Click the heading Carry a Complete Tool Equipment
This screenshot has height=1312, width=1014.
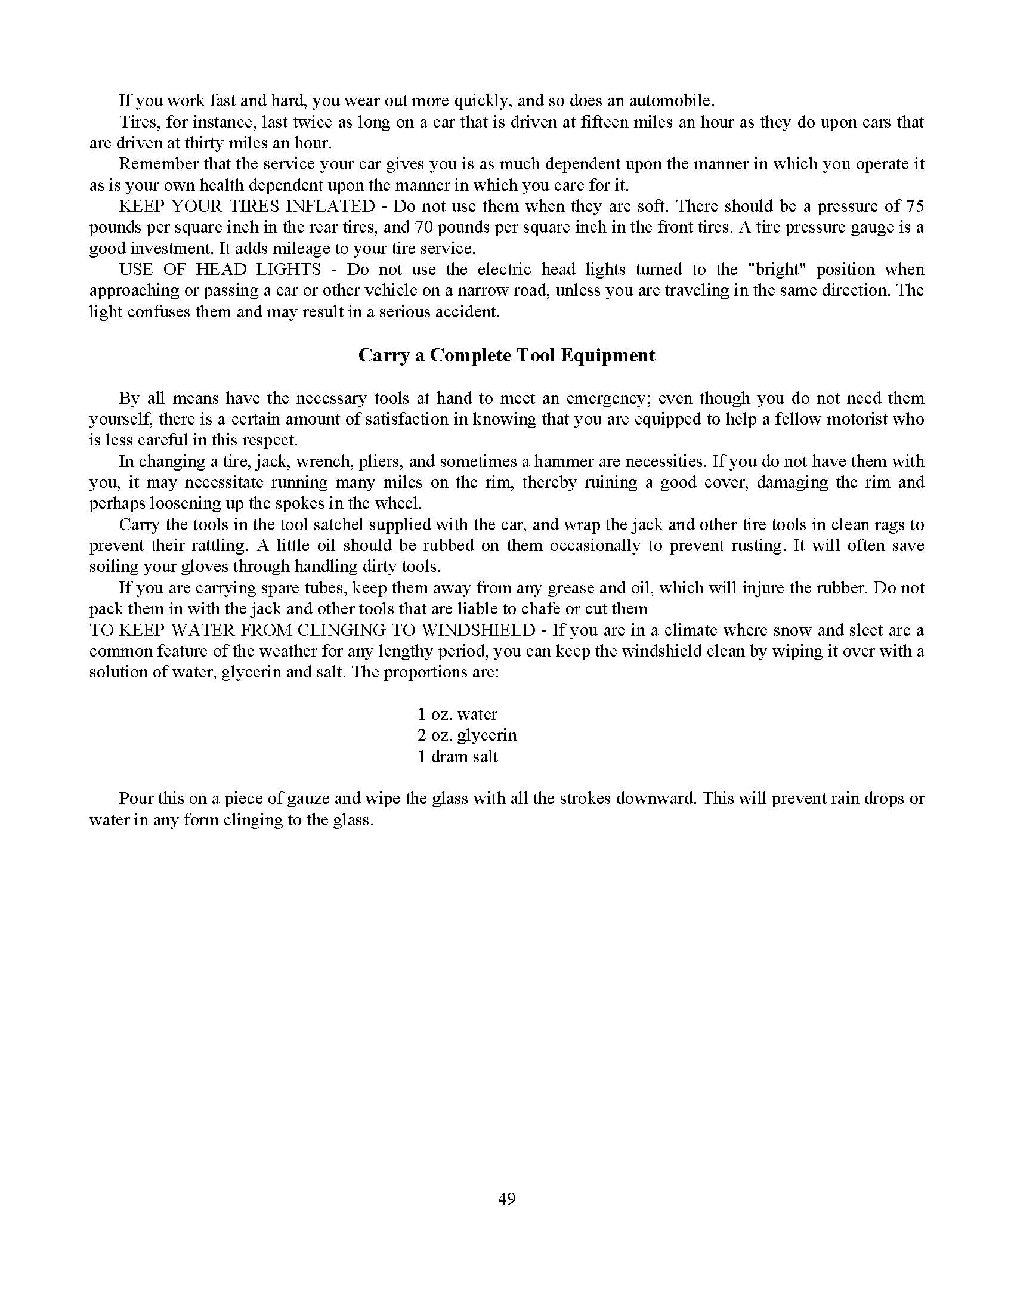506,355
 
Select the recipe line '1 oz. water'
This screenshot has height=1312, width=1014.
457,714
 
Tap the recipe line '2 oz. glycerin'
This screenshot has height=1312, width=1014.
467,735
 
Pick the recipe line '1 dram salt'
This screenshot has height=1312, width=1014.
457,756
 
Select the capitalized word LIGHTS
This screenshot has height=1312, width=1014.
288,269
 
